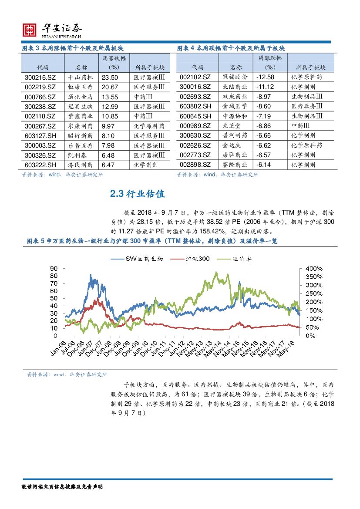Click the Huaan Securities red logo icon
[29, 30]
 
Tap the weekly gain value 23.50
[110, 77]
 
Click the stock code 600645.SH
[195, 116]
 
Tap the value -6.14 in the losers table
[264, 165]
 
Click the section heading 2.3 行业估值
[138, 194]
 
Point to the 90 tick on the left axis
[54, 268]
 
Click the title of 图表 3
[76, 48]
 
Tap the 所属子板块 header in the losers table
[311, 67]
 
